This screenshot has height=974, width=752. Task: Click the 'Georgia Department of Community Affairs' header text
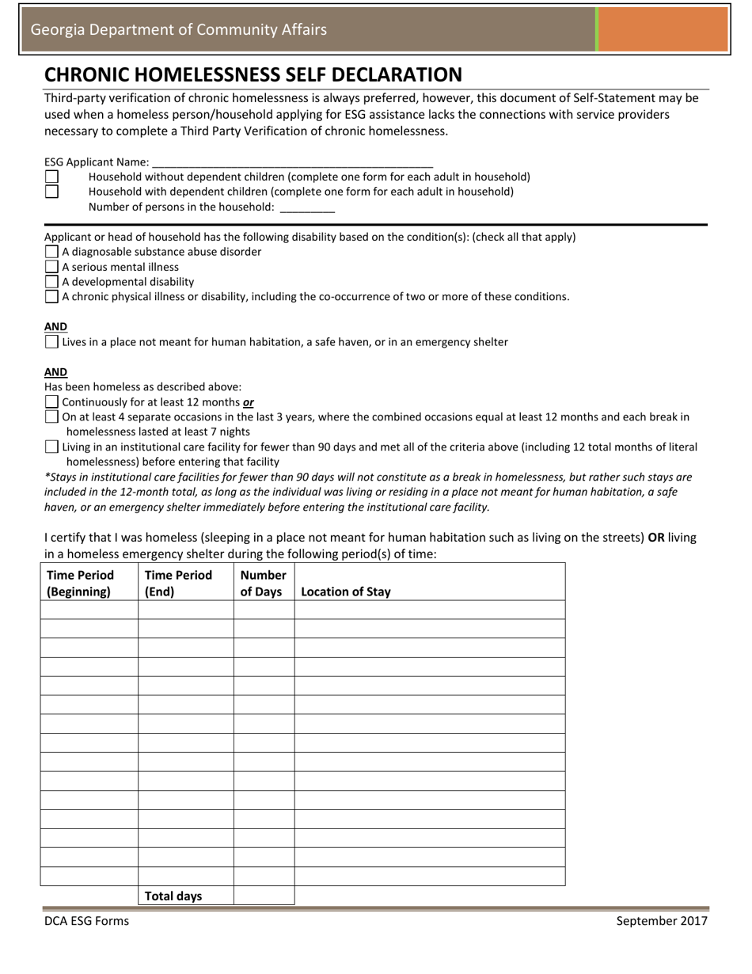(178, 30)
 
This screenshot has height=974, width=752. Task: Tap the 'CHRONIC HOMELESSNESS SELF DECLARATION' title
(253, 74)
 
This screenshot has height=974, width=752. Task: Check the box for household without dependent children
(51, 177)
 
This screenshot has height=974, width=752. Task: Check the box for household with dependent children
(51, 192)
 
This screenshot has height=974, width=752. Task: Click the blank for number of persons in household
(308, 207)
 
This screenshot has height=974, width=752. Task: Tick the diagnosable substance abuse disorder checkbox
(52, 252)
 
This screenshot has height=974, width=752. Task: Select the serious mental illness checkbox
(52, 267)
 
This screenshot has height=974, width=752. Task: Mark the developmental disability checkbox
(52, 282)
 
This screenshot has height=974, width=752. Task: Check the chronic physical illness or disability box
(52, 297)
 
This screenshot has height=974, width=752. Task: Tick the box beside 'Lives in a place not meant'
(52, 342)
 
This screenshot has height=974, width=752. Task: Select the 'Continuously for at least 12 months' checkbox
(52, 402)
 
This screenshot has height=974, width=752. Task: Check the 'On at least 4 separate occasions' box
(52, 417)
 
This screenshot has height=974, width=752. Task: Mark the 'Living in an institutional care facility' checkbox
(52, 447)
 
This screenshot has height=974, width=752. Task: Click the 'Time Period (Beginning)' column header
(81, 583)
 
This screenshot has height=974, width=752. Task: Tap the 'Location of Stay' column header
(346, 592)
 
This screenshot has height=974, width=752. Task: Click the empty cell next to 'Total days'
(264, 896)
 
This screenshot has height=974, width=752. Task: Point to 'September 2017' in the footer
(662, 920)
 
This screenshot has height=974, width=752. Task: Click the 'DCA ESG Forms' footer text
(86, 920)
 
